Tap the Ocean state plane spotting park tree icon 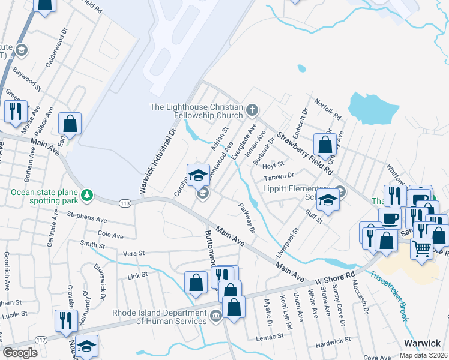(88, 194)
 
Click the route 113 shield (125, 203)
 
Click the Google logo (20, 353)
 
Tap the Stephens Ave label (86, 214)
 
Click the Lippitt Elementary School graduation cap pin (328, 200)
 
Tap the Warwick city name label (422, 343)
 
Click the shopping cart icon (422, 247)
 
